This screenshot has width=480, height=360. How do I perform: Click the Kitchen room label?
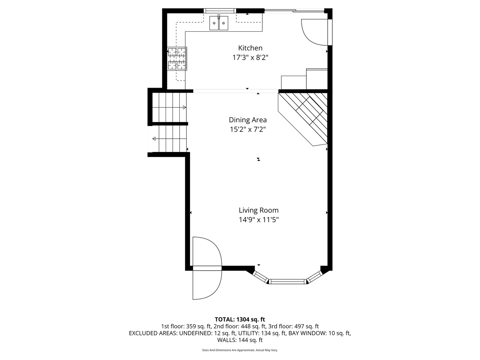(250, 48)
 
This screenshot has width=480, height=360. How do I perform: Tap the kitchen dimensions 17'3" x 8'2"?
(250, 58)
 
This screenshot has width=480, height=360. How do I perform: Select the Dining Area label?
(248, 120)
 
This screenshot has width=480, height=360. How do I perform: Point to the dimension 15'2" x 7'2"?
(248, 129)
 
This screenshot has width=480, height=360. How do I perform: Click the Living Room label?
(258, 210)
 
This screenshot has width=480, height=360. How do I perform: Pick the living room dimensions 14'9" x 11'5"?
(258, 220)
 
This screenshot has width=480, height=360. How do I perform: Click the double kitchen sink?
(219, 23)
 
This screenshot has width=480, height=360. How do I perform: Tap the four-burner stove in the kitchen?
(177, 59)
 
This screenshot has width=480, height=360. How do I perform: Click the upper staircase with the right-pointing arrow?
(169, 107)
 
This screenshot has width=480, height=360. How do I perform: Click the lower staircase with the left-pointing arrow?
(169, 139)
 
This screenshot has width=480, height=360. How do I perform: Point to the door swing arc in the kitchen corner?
(313, 32)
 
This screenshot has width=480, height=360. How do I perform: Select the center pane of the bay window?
(288, 282)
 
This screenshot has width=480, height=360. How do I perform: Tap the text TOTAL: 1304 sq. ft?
(240, 319)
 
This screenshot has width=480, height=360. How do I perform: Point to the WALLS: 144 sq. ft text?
(240, 340)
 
